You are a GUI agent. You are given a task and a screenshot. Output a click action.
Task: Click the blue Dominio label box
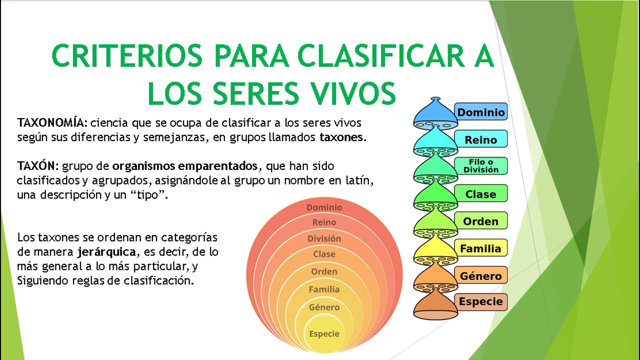(x=480, y=112)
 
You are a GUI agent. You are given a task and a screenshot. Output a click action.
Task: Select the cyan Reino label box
(x=480, y=139)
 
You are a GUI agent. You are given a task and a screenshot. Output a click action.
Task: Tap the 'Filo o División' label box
(x=480, y=166)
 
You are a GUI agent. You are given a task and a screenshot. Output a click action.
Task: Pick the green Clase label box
(x=480, y=193)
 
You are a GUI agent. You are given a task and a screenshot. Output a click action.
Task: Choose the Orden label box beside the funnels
(x=480, y=221)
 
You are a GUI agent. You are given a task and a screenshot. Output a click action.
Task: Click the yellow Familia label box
(x=480, y=248)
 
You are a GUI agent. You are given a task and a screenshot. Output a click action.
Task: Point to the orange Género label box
(x=480, y=275)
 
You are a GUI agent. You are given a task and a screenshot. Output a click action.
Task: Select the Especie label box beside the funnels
(x=480, y=301)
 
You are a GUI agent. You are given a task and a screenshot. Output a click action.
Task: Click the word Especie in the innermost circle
(x=324, y=333)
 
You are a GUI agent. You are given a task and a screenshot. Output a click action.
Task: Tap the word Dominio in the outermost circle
(x=324, y=207)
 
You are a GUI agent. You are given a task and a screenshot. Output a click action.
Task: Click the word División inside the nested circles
(x=324, y=238)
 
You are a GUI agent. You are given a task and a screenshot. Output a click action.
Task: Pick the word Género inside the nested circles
(x=324, y=307)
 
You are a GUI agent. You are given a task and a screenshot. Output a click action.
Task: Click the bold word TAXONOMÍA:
(x=52, y=123)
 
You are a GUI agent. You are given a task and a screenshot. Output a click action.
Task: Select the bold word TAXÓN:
(x=38, y=166)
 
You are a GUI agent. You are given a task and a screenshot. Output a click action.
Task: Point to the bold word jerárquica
(x=106, y=251)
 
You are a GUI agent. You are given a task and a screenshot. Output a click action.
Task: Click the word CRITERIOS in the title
(x=127, y=56)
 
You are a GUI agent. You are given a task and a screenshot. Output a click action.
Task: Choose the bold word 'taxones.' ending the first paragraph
(x=343, y=137)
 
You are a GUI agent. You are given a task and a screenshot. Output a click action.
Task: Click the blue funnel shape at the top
(x=435, y=114)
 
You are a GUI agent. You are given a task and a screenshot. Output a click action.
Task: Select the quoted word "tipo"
(x=148, y=195)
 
